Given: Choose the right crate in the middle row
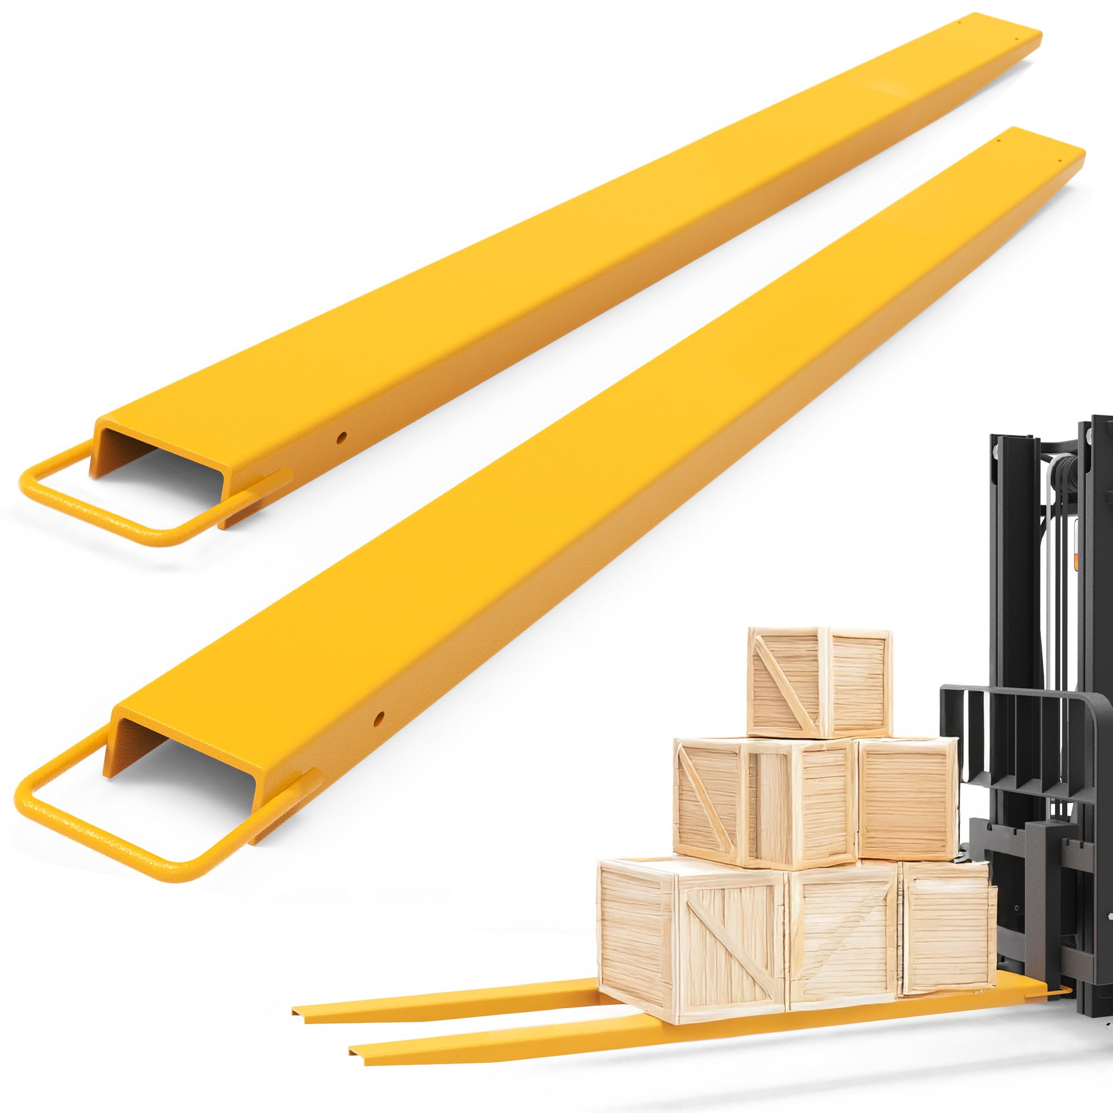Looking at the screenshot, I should click(x=905, y=798).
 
